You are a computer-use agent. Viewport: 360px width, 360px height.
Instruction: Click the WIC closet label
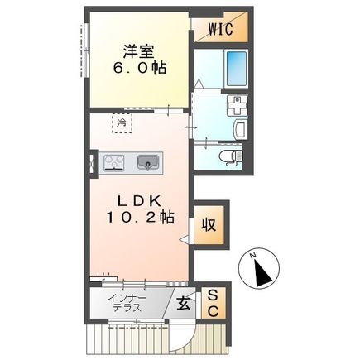tap(220, 31)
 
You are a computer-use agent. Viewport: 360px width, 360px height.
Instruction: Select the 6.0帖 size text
tap(138, 69)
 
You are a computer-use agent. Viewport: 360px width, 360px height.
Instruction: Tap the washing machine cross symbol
tap(237, 106)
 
